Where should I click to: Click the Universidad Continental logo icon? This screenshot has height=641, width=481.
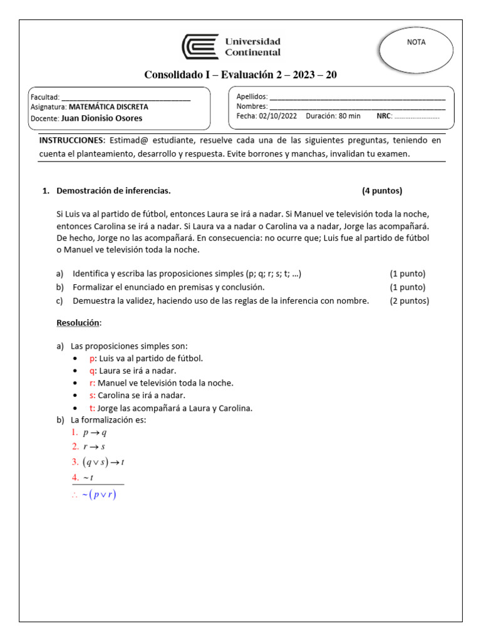pyautogui.click(x=200, y=47)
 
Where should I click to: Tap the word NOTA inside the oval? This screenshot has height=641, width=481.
pyautogui.click(x=416, y=43)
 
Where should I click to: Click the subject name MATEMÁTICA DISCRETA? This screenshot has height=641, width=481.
pyautogui.click(x=108, y=107)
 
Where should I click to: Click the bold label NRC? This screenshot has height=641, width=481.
pyautogui.click(x=383, y=116)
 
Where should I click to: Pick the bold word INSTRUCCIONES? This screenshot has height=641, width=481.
pyautogui.click(x=70, y=140)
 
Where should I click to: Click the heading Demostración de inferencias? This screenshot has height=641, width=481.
pyautogui.click(x=113, y=191)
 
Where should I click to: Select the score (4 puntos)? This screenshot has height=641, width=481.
pyautogui.click(x=382, y=191)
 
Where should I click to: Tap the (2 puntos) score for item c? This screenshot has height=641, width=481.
pyautogui.click(x=410, y=301)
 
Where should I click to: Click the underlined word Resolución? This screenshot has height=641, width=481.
pyautogui.click(x=78, y=322)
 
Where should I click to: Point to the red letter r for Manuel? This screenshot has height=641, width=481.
pyautogui.click(x=92, y=383)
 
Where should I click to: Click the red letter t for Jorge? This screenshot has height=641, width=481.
pyautogui.click(x=91, y=408)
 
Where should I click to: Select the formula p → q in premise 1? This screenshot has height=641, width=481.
pyautogui.click(x=95, y=433)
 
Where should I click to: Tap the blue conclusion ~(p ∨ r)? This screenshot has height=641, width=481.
pyautogui.click(x=99, y=495)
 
